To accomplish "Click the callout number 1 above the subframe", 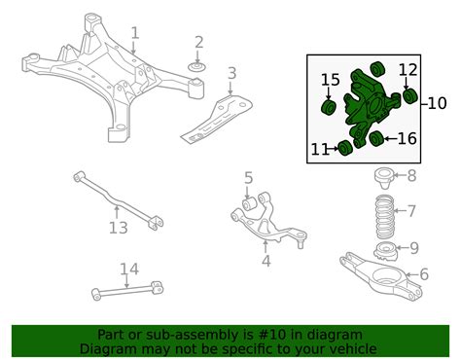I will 135,35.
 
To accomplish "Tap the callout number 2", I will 198,42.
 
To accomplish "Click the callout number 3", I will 230,73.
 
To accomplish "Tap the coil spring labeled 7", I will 411,175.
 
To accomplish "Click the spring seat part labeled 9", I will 437,102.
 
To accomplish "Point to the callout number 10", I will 343,149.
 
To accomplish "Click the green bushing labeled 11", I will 408,69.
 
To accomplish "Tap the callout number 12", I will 118,229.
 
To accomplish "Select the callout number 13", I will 128,270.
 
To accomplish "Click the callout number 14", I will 331,80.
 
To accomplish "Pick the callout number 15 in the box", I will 407,139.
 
